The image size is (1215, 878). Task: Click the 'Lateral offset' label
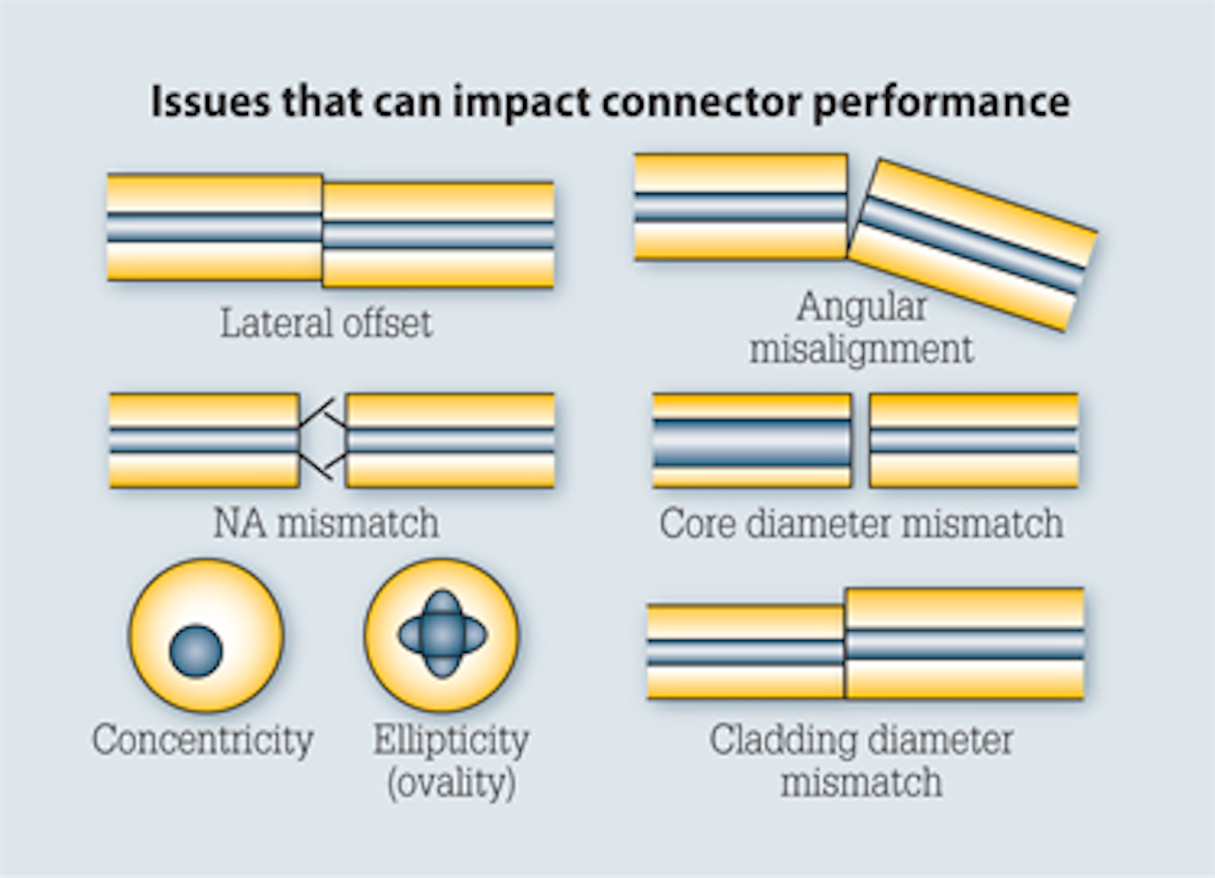coord(326,323)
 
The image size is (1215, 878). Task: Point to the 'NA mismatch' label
coord(326,523)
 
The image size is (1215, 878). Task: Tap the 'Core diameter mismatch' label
coord(861,523)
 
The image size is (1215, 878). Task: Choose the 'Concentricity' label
coord(202,740)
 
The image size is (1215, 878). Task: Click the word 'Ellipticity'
coord(451,740)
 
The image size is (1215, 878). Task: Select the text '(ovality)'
coord(451,783)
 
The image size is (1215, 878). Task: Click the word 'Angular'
coord(861,306)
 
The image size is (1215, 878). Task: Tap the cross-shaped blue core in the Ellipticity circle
coord(442,633)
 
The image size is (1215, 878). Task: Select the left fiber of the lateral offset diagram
coord(214,228)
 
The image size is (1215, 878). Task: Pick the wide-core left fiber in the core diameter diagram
coord(751,440)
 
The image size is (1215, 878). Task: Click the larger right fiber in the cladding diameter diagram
coord(964,644)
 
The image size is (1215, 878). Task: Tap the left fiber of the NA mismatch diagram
coord(204,440)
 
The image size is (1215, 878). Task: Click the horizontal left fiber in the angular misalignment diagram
coord(740,207)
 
